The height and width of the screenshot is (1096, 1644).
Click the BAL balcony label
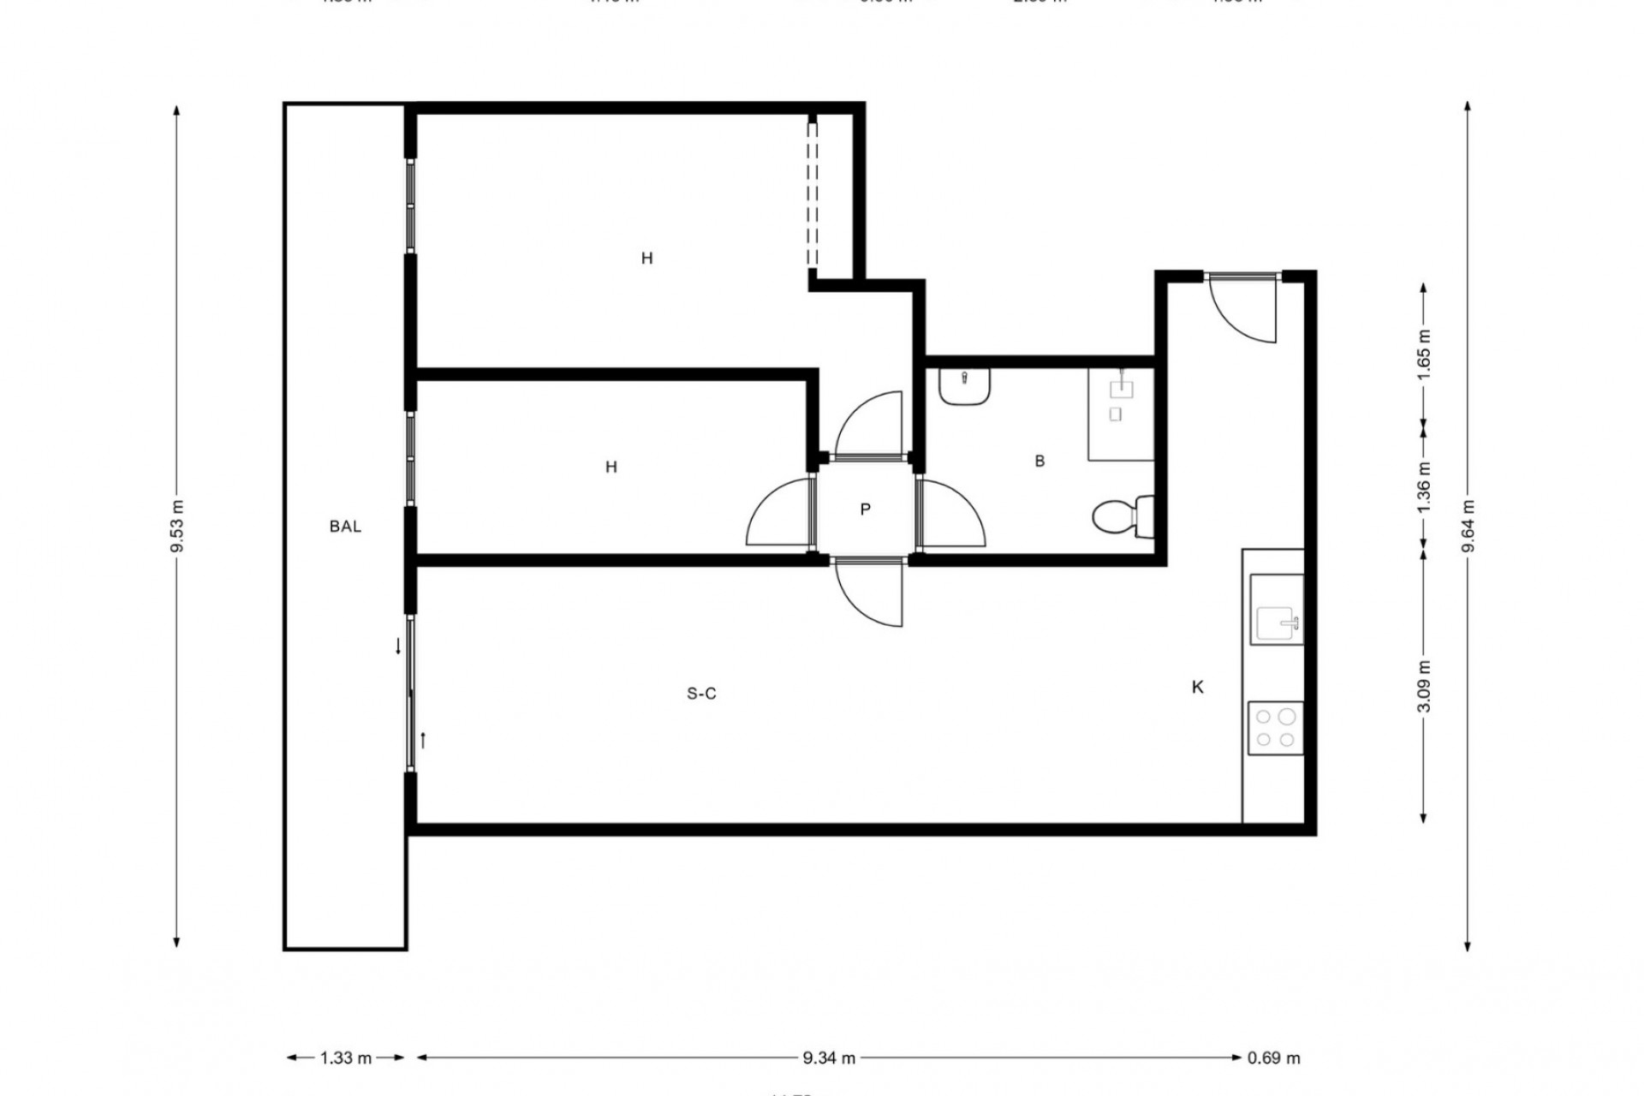tap(345, 527)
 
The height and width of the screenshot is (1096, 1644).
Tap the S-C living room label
tap(701, 694)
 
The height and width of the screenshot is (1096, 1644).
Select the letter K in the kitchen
tap(1198, 687)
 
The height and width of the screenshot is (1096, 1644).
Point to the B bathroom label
tap(1039, 461)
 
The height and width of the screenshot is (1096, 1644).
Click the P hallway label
tap(865, 509)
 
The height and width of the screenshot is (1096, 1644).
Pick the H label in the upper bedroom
tap(646, 258)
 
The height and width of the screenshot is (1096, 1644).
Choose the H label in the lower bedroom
tap(611, 467)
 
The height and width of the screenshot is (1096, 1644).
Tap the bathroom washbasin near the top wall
tap(965, 387)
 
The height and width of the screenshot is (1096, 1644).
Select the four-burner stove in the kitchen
tap(1276, 729)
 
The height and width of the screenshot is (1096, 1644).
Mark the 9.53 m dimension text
tap(177, 526)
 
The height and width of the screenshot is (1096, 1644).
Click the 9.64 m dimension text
tap(1468, 526)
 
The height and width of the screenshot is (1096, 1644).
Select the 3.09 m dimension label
tap(1423, 687)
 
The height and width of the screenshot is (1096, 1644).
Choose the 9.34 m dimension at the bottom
tap(829, 1058)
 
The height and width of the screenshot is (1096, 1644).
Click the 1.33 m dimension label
tap(346, 1058)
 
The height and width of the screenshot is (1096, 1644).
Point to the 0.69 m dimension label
tap(1273, 1058)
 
